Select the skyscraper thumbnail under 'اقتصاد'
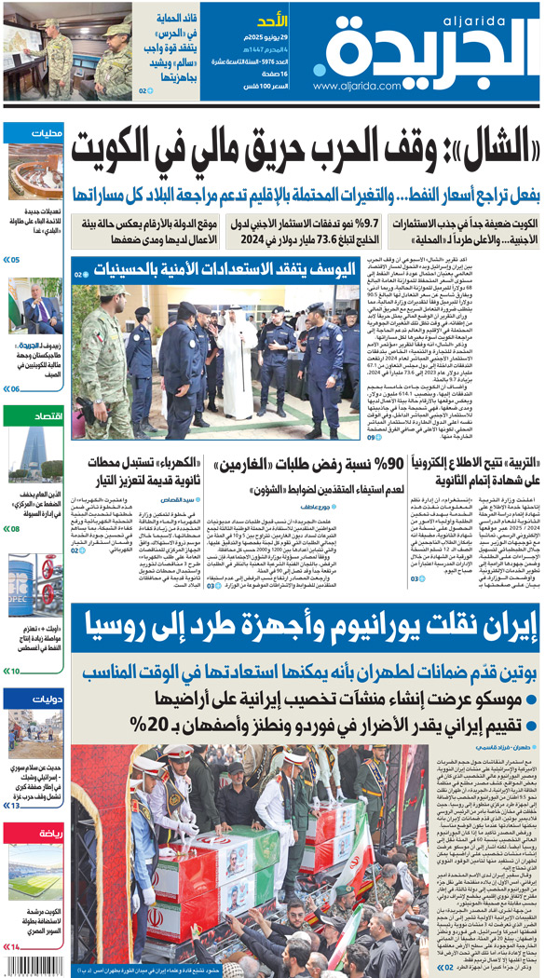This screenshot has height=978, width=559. pyautogui.click(x=34, y=455)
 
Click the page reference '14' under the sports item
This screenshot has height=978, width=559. pyautogui.click(x=15, y=946)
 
